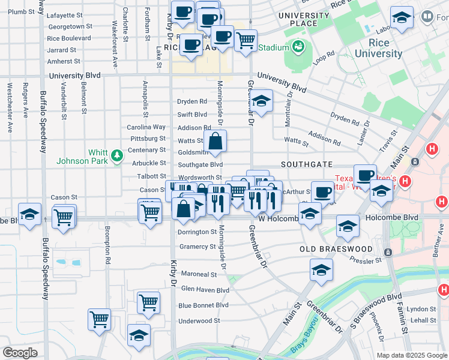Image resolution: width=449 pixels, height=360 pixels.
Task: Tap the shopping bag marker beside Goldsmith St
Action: [x=215, y=143]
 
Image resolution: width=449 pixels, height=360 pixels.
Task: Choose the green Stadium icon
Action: [x=297, y=46]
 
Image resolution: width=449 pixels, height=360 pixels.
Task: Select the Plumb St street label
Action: [x=22, y=12]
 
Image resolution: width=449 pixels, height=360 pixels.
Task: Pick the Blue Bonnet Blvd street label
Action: [x=203, y=305]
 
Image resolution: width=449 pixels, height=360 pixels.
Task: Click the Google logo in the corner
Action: [x=20, y=353]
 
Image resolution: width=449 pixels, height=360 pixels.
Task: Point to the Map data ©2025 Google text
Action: [x=412, y=355]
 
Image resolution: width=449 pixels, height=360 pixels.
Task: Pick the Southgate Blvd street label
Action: [x=200, y=164]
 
